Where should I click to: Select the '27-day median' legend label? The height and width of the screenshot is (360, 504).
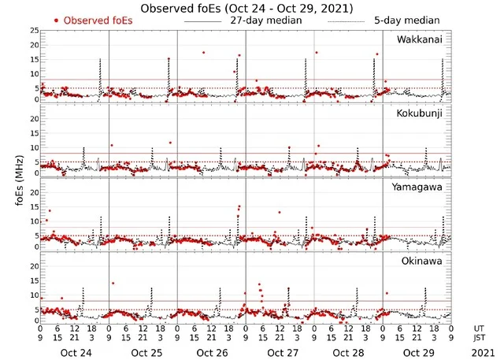[266, 20]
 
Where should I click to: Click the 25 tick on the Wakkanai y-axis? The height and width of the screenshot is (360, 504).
[34, 30]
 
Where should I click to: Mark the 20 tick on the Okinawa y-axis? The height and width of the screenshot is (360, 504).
[34, 265]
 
